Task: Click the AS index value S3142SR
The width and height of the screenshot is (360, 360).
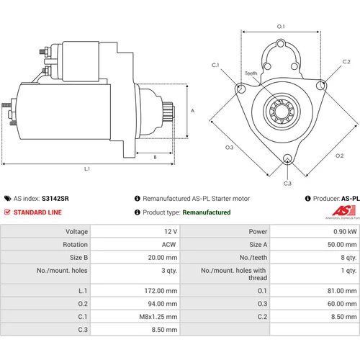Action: click(x=55, y=199)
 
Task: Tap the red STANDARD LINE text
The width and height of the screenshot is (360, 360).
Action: click(x=37, y=212)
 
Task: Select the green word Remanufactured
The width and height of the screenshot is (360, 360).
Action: click(x=207, y=212)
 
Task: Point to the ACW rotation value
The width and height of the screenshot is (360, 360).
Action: click(x=168, y=245)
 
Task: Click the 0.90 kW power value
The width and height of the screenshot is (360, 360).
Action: click(x=345, y=232)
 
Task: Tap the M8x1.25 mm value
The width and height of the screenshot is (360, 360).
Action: click(x=158, y=317)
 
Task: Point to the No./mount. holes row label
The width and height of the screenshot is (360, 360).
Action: click(x=62, y=271)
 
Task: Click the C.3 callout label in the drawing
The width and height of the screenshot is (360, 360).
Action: click(x=287, y=184)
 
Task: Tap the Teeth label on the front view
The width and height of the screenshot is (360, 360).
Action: click(x=251, y=73)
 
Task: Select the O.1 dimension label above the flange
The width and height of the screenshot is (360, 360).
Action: click(x=281, y=27)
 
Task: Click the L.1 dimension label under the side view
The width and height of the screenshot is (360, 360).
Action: click(x=87, y=169)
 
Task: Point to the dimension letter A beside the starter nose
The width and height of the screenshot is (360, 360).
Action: click(x=192, y=111)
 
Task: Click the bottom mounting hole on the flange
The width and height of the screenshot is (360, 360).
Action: click(x=287, y=159)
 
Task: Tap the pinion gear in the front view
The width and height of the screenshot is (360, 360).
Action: click(x=282, y=112)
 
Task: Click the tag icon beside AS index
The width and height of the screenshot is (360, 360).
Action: click(x=8, y=199)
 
